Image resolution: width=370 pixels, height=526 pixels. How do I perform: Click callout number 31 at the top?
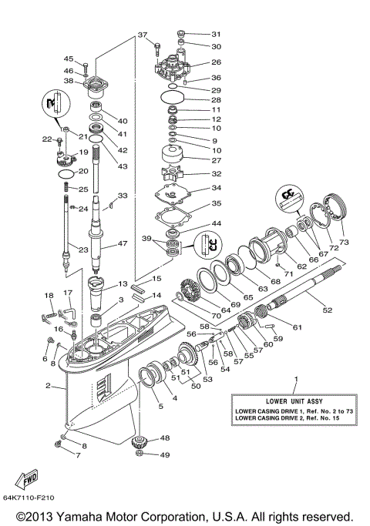click(x=216, y=34)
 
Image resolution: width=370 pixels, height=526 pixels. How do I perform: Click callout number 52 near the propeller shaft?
click(x=328, y=310)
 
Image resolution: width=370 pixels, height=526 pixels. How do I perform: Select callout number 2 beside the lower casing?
click(x=48, y=386)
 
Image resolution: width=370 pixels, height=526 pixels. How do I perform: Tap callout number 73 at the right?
click(x=343, y=242)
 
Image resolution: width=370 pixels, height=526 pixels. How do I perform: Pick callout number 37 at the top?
click(x=142, y=35)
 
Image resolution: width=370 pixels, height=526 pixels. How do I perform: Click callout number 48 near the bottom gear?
click(x=165, y=439)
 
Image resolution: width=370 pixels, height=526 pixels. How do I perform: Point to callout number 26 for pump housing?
click(x=216, y=62)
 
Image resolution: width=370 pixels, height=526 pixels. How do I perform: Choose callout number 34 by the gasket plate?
click(x=217, y=188)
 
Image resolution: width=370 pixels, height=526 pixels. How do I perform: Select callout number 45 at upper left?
click(x=68, y=59)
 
